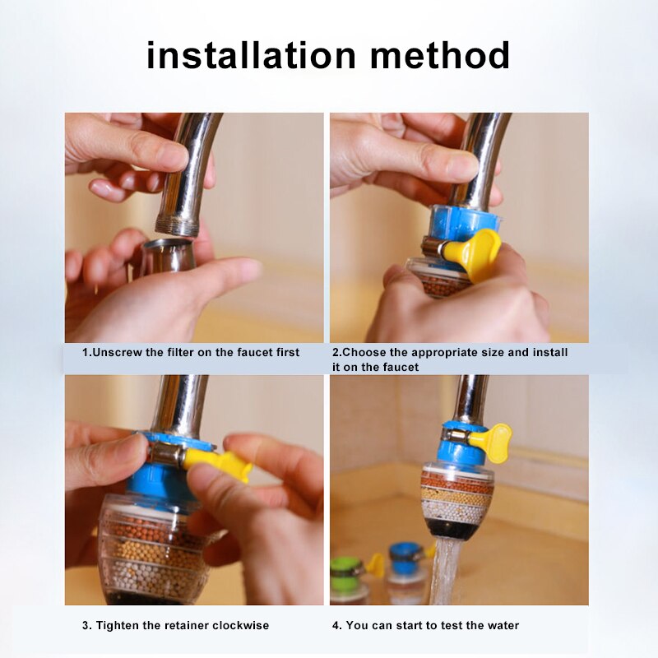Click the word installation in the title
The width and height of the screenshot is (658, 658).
click(250, 55)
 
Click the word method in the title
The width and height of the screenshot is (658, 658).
click(439, 55)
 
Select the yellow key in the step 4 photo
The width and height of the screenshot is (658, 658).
click(492, 441)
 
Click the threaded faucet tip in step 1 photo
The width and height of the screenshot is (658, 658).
click(178, 225)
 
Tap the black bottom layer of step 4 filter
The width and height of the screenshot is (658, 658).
click(457, 527)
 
